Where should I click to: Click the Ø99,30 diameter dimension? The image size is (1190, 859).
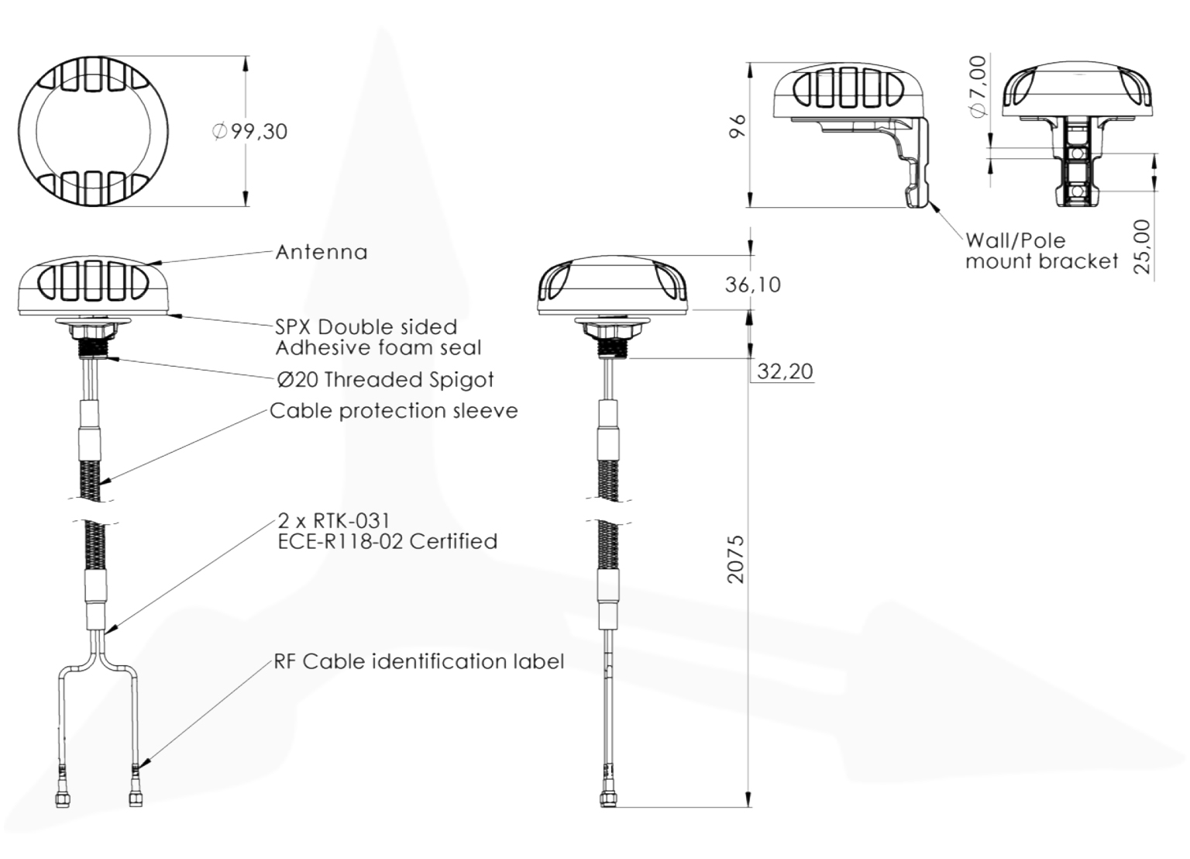[249, 131]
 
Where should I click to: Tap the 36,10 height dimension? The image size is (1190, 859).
[752, 285]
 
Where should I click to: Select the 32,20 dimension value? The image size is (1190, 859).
[785, 371]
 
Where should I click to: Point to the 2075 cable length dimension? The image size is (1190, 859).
[735, 558]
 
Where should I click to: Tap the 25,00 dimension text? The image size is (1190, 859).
[1142, 247]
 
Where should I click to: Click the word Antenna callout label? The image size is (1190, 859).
[322, 252]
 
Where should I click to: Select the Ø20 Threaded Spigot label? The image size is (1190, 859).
[385, 379]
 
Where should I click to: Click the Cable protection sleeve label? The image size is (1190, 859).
[394, 410]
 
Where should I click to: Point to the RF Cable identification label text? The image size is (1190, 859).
[418, 661]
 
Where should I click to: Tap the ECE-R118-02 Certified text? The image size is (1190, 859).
[387, 541]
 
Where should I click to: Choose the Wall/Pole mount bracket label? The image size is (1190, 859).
[1041, 250]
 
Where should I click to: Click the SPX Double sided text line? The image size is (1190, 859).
[366, 326]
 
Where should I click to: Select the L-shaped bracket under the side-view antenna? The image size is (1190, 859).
[914, 163]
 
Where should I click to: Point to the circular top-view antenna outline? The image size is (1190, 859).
[93, 130]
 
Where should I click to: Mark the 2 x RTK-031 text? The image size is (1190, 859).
[334, 520]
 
